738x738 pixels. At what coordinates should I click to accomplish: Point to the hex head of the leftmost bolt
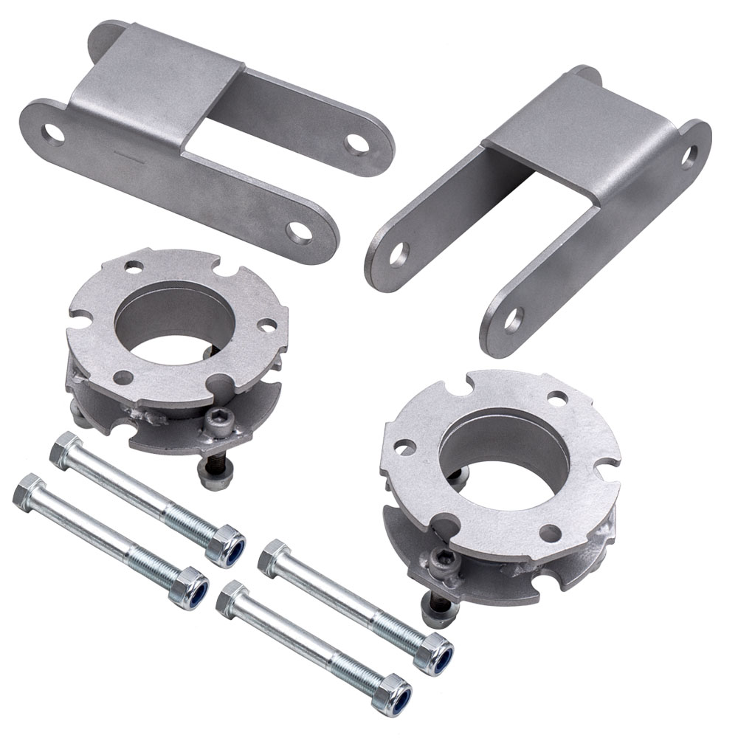point(28,489)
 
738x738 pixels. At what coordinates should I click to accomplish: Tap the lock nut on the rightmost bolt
point(434,652)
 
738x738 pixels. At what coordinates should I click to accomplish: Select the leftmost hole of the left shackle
point(53,134)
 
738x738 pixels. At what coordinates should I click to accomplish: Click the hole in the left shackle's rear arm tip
point(357,142)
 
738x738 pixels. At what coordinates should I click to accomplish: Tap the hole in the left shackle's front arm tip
point(298,232)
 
